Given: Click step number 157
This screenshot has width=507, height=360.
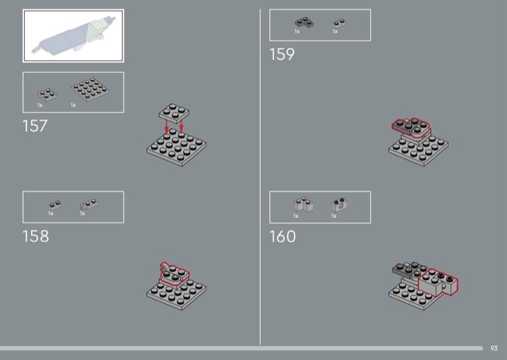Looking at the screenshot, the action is [x=35, y=126].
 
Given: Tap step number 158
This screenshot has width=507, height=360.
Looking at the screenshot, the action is [x=35, y=236].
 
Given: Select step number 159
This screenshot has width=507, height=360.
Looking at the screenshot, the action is [x=282, y=54].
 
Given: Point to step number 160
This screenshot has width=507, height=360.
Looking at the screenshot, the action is [x=283, y=236].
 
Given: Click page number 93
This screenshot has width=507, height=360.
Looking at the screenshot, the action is [x=494, y=348].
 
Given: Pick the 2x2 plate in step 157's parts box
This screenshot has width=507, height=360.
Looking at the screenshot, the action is [x=47, y=94].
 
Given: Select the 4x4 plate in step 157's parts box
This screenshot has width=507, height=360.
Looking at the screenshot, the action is [x=90, y=89].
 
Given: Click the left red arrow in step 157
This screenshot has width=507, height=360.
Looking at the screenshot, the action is [x=167, y=127].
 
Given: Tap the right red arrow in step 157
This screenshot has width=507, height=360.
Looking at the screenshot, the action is [x=181, y=126].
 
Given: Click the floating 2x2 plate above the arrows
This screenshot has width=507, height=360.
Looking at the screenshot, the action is [x=174, y=113].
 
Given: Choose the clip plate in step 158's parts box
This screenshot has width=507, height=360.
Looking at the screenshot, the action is [x=89, y=204].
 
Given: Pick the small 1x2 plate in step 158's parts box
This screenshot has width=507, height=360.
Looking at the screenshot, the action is [x=55, y=205].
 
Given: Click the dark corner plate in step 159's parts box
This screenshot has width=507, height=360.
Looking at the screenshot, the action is [x=304, y=23].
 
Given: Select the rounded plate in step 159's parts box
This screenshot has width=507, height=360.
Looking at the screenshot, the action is [x=339, y=23].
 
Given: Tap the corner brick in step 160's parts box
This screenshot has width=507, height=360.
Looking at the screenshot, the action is [x=303, y=205].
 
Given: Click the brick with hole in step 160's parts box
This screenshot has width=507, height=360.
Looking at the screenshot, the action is [x=339, y=205].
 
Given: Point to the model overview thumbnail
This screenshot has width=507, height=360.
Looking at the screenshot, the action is [x=74, y=35].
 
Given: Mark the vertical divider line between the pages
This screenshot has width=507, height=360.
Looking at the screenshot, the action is [x=260, y=177].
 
